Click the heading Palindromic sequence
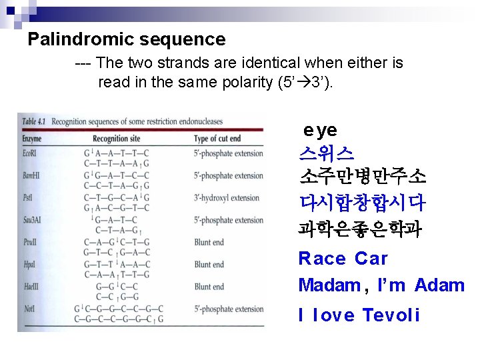tap(127, 39)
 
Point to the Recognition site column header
tap(117, 139)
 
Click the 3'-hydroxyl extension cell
tap(227, 198)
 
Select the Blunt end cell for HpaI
tap(209, 265)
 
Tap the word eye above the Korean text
tap(320, 130)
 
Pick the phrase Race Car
tap(343, 259)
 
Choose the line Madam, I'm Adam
tap(381, 285)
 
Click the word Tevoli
tap(391, 315)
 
